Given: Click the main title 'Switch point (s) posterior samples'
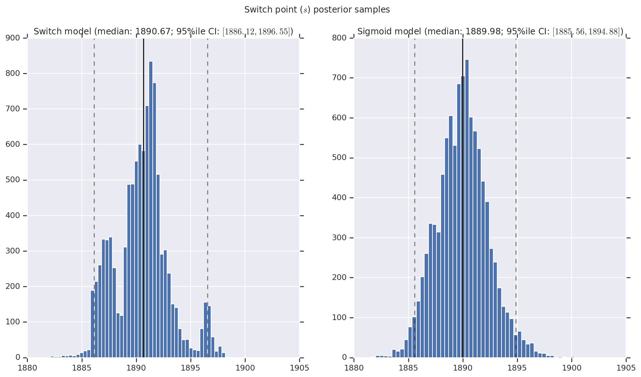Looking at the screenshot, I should (317, 10).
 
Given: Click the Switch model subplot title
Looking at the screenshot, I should (163, 32).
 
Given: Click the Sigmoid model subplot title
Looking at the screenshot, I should (490, 32).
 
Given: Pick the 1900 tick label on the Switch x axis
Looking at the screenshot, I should (245, 368).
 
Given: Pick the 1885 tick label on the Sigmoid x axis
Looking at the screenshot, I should (408, 368).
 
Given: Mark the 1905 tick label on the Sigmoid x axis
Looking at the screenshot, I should (626, 368).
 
